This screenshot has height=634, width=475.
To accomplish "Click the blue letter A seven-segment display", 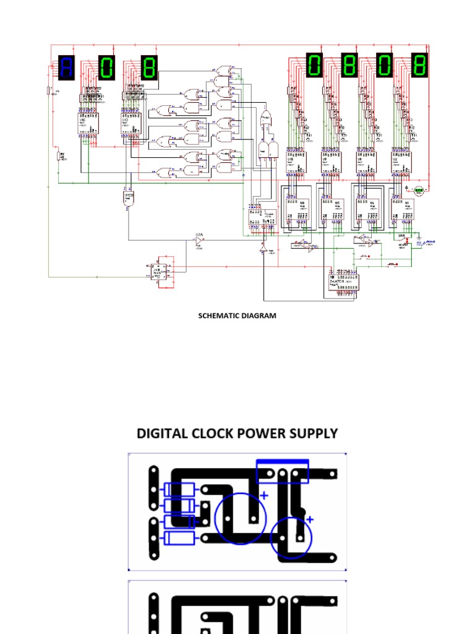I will click(x=66, y=67).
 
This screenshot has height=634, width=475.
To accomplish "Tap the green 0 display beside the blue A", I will click(x=107, y=67).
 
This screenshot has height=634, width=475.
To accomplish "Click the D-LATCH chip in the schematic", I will click(x=342, y=282).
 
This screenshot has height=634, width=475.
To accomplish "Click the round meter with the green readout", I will click(x=418, y=190).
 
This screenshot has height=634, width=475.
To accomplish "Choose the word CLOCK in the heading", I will click(x=212, y=433).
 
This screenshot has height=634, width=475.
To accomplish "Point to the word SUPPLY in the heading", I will click(x=315, y=433).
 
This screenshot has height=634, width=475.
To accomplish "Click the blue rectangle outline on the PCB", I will click(x=283, y=471).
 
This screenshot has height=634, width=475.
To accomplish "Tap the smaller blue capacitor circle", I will click(x=291, y=537).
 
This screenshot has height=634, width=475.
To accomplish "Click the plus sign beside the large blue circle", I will click(x=264, y=495).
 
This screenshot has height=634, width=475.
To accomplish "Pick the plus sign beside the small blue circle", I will click(x=310, y=519).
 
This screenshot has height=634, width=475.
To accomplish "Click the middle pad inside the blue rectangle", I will click(x=283, y=475).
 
